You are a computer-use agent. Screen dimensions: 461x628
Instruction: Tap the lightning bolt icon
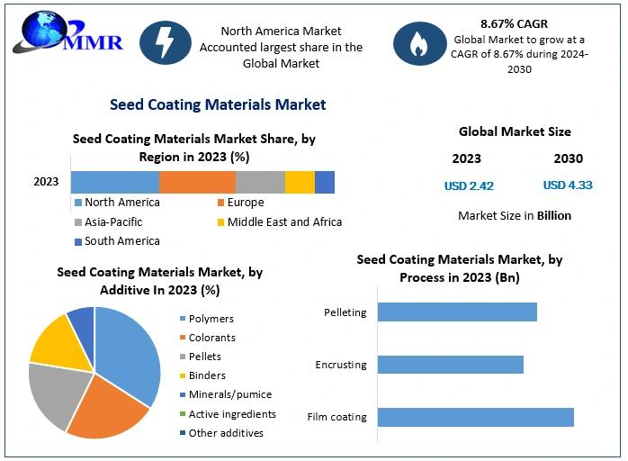tap(166, 42)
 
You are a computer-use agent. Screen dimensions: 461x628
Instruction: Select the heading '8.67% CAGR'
tap(515, 24)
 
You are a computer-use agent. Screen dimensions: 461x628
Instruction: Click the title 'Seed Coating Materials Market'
tap(218, 104)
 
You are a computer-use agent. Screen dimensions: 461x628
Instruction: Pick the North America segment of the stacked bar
tap(115, 181)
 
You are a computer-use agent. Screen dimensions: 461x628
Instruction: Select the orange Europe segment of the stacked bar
tap(197, 181)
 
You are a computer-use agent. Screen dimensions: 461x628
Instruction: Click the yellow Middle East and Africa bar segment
tap(300, 181)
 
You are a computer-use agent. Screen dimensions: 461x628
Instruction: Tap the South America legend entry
tap(117, 241)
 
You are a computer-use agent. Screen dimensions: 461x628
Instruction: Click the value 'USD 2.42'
tap(469, 186)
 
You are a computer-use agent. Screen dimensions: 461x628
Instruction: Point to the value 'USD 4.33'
tap(568, 185)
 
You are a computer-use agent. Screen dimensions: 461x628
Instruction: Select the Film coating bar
tap(475, 417)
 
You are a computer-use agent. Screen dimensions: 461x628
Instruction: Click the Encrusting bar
tap(450, 365)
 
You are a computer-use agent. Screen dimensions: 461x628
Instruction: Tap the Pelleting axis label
tap(345, 312)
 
